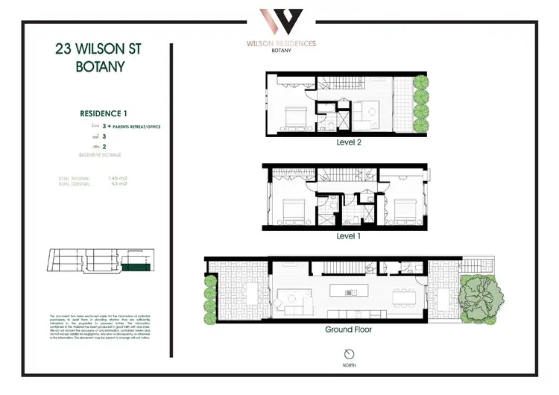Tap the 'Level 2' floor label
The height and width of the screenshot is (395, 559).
pyautogui.click(x=348, y=142)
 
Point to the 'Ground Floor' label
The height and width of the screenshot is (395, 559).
pyautogui.click(x=348, y=329)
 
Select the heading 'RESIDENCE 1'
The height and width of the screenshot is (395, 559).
pyautogui.click(x=104, y=113)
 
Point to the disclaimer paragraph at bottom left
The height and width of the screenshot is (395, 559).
pyautogui.click(x=95, y=330)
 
